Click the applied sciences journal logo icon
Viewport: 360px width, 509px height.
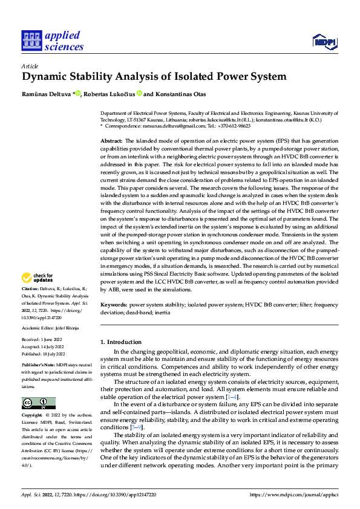click(x=31, y=41)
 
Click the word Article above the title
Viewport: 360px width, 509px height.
click(x=30, y=66)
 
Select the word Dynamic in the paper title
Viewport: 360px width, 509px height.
click(x=45, y=77)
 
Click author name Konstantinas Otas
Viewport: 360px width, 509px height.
click(x=182, y=94)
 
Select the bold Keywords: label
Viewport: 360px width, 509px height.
click(x=114, y=305)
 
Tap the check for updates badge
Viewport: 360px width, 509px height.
click(x=37, y=277)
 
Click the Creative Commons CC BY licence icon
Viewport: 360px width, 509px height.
click(x=38, y=403)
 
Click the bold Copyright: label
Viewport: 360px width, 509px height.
click(x=33, y=416)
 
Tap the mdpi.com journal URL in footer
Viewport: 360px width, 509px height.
click(x=293, y=494)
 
